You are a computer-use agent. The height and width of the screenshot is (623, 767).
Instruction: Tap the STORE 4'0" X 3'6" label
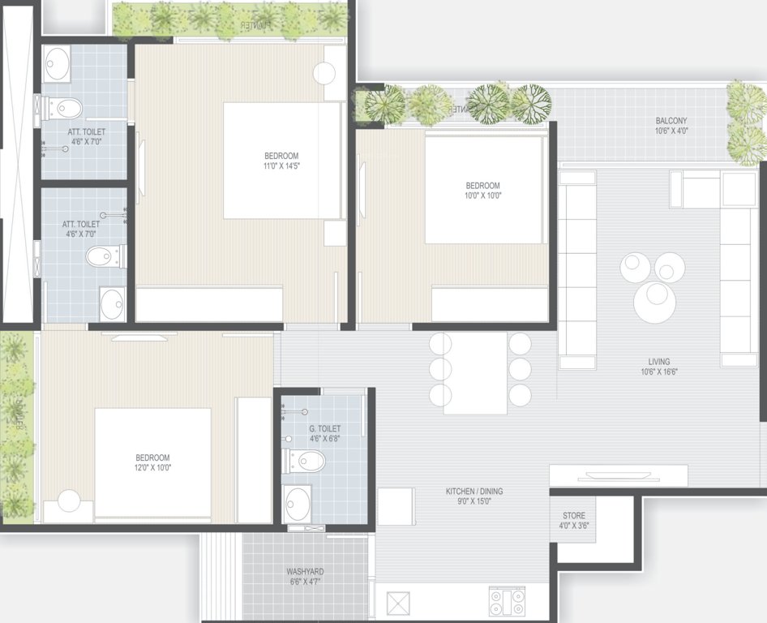575,521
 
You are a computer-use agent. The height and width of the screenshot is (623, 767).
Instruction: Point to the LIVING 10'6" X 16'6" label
659,367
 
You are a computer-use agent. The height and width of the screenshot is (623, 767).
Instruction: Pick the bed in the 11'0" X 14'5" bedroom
281,160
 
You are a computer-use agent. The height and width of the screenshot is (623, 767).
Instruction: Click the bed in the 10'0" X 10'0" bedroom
483,190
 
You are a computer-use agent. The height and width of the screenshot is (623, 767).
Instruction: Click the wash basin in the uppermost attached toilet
57,63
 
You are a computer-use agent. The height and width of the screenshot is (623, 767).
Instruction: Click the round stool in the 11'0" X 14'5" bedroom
324,73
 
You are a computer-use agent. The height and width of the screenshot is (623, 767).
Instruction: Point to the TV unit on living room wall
619,475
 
